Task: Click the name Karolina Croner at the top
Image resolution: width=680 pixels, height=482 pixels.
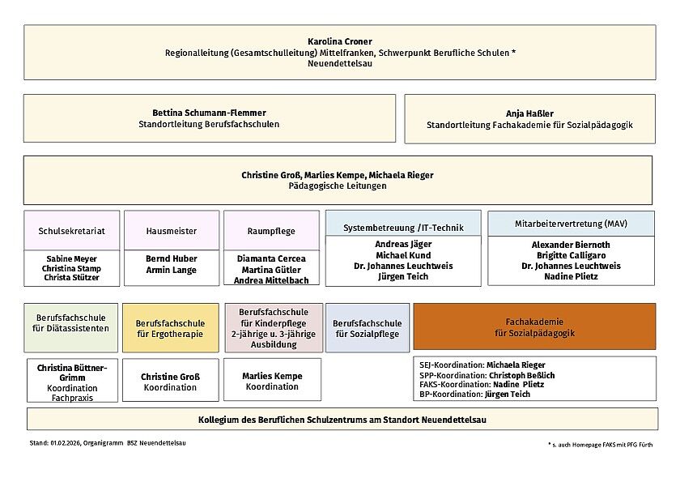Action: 339,41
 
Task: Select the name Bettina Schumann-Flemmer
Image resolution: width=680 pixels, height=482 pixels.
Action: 209,113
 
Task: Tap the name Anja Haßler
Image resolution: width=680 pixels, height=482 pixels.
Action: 529,113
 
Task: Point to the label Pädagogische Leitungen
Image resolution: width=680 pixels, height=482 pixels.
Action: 338,186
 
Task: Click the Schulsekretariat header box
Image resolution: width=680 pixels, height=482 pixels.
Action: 72,231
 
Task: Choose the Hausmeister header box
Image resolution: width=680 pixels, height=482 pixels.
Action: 172,231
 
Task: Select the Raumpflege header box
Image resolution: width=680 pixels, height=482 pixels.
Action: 271,231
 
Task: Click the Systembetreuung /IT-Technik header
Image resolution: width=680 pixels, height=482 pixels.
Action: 403,228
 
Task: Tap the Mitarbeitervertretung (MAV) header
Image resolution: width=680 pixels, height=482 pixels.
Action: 571,224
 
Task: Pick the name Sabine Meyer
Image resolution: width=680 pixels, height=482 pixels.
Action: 71,259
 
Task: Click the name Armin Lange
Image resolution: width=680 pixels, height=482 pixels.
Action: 172,270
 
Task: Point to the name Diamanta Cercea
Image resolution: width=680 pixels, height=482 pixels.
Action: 271,259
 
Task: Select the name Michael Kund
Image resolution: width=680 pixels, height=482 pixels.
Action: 403,255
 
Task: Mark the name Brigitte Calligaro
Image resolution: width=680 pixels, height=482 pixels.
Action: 571,255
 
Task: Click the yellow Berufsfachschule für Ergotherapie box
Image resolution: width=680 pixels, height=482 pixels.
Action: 170,328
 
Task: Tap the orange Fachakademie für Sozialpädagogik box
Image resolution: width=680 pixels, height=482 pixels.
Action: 534,327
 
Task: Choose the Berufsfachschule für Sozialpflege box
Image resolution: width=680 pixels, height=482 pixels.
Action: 367,328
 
